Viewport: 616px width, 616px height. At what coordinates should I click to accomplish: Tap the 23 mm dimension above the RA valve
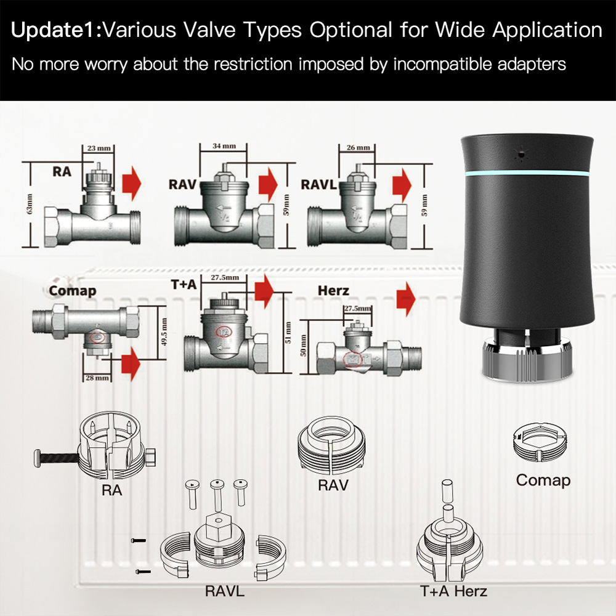point(94,148)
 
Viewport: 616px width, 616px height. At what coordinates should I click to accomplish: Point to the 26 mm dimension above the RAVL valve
point(358,148)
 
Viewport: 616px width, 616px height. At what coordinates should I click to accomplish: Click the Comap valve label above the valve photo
point(72,290)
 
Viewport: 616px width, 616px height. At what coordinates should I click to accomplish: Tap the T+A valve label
point(184,285)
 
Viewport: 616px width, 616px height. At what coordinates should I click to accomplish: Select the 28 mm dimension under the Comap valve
point(97,377)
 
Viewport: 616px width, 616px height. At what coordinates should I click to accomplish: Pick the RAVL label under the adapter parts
point(224,591)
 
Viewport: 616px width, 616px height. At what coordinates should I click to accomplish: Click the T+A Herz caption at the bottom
point(454,591)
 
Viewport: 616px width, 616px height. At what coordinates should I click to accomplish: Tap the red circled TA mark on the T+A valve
point(223,331)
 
